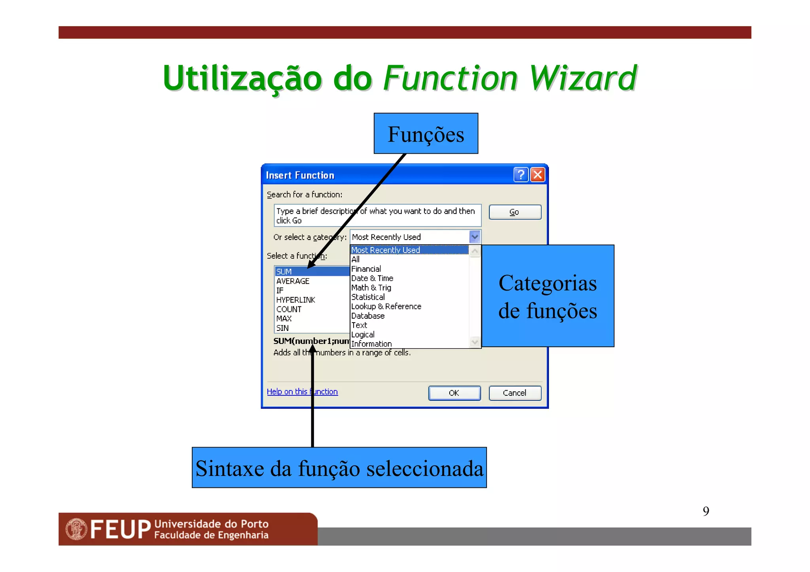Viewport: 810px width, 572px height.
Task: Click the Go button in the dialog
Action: [515, 212]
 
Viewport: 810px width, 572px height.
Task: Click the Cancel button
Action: [515, 393]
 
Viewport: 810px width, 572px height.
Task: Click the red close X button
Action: [538, 174]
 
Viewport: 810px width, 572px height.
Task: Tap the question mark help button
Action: [521, 174]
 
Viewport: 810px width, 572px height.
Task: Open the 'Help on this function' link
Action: [302, 392]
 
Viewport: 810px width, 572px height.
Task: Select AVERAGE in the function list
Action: [293, 281]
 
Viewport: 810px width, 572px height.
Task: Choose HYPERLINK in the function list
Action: [295, 300]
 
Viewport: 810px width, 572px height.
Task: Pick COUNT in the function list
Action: [289, 309]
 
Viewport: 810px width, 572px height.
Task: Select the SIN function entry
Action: [282, 328]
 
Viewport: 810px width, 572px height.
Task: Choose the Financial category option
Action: [366, 269]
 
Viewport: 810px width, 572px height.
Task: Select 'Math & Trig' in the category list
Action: [371, 288]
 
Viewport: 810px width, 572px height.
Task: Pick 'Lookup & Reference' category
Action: [386, 306]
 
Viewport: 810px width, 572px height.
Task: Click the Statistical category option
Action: [368, 297]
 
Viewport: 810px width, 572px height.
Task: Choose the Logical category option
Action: [363, 335]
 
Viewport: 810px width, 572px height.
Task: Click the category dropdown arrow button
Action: [475, 237]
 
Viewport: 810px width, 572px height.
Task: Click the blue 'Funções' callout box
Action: [426, 134]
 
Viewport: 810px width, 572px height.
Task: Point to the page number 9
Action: [706, 512]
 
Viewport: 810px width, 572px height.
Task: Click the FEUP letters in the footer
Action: [120, 530]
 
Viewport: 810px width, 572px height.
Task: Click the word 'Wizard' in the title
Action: [583, 78]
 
